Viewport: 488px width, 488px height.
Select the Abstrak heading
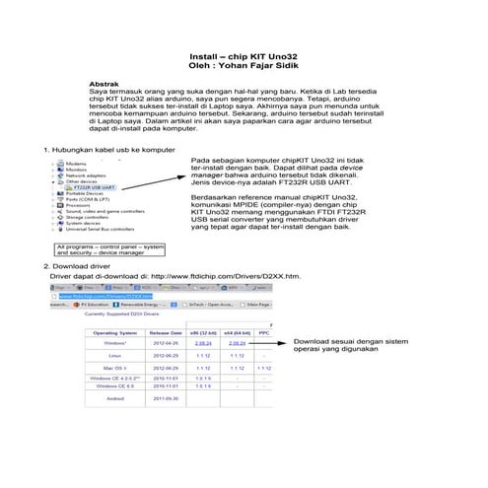point(105,85)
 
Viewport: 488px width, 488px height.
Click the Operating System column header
point(113,333)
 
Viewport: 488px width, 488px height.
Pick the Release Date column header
point(165,333)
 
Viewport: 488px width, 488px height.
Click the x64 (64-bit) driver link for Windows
point(237,343)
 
